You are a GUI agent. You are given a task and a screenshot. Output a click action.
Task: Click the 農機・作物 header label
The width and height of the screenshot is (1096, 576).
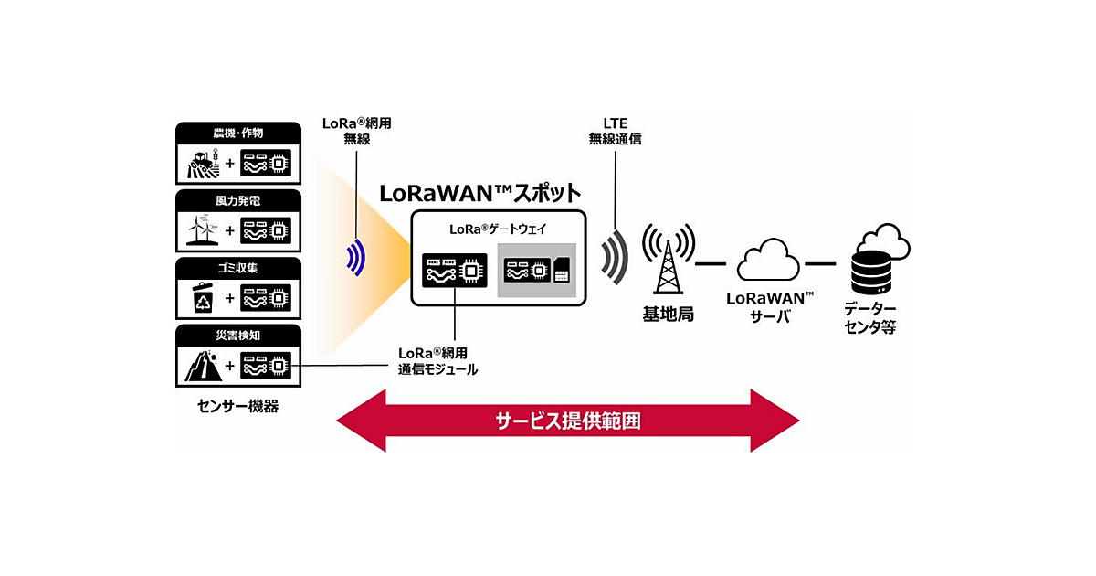tap(237, 133)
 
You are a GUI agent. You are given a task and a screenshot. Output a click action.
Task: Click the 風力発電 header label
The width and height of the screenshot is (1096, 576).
tap(237, 199)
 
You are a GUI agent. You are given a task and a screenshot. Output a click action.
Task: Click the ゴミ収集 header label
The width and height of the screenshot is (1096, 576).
tap(237, 267)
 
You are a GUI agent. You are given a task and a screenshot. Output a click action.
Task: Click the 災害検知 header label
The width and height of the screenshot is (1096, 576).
tap(237, 335)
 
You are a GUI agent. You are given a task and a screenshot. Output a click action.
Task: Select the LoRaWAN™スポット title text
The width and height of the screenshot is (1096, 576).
tap(479, 194)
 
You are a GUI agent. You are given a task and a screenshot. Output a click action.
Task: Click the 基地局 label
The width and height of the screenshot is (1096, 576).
tap(668, 314)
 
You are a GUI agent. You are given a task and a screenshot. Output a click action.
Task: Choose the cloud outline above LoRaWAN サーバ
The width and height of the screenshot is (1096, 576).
tap(768, 260)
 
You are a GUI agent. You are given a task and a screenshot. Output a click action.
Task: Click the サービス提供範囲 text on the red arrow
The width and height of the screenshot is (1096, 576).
tap(567, 421)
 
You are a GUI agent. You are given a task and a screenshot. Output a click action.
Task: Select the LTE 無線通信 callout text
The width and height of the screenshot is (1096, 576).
tap(616, 130)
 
